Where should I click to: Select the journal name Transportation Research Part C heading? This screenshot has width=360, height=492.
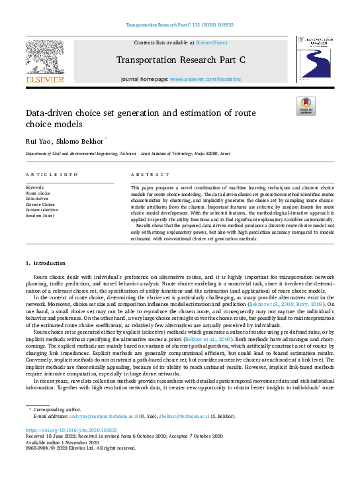(180, 60)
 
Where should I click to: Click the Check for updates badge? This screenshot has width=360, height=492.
(306, 106)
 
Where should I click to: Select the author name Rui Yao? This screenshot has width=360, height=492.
(38, 141)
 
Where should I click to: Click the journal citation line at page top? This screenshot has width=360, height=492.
(179, 26)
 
